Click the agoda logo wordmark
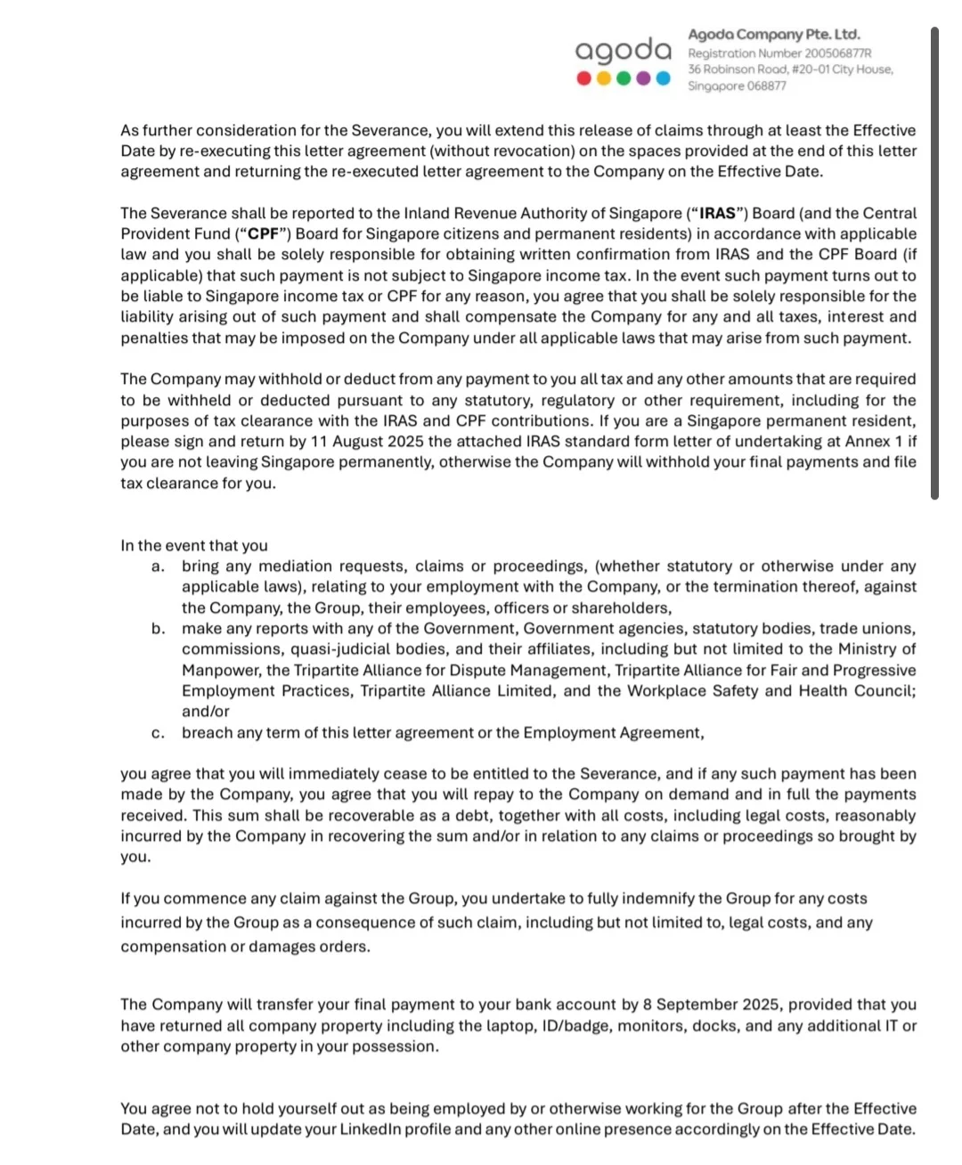tap(623, 51)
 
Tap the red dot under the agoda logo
tap(583, 78)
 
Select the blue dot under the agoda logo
tap(663, 78)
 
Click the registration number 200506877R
tap(837, 53)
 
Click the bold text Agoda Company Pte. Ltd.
tap(773, 35)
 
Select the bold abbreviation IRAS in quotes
tap(718, 214)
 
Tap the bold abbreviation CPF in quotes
tap(263, 234)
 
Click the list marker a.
tap(158, 566)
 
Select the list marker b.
tap(158, 629)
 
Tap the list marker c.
tap(158, 733)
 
